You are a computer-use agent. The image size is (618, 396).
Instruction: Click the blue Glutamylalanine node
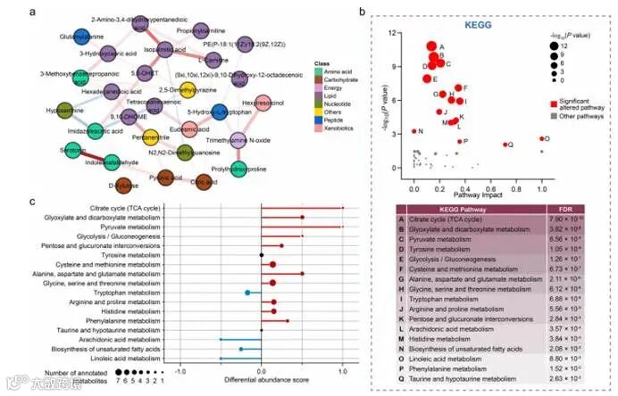pos(82,37)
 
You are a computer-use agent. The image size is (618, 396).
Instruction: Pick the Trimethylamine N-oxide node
pos(238,139)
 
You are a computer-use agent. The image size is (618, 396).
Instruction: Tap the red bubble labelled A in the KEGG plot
pos(431,47)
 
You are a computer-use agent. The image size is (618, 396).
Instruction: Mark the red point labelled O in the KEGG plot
pos(542,138)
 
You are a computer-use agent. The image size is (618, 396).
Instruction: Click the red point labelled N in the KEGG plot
pos(414,131)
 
